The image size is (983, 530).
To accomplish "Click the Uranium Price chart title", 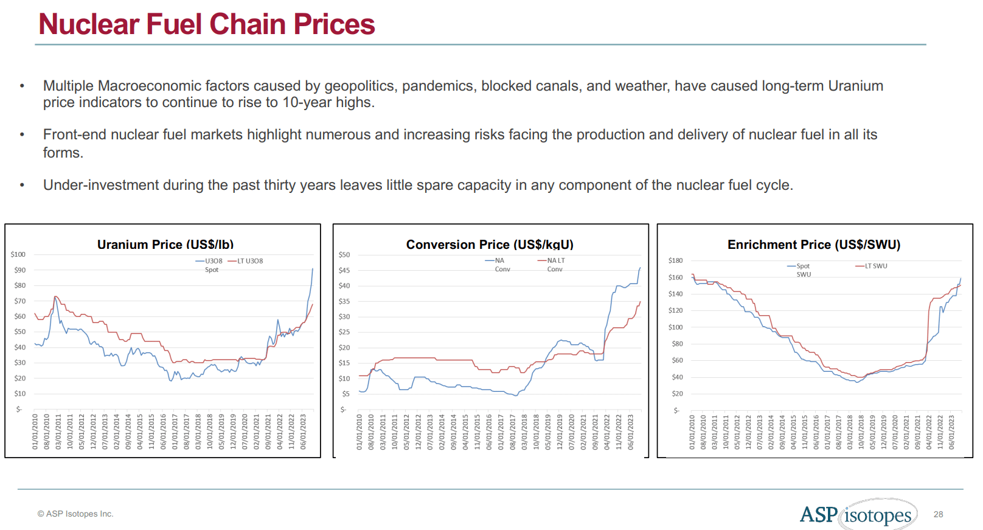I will tap(165, 245).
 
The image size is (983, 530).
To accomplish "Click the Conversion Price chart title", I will tap(490, 245).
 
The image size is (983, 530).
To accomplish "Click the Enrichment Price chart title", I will tap(814, 245).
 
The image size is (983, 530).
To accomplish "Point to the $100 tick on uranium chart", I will tap(18, 254).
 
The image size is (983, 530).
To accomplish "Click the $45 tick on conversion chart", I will tap(344, 270).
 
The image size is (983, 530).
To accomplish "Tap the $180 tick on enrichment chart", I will tap(675, 260).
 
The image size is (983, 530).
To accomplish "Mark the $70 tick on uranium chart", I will tap(20, 301).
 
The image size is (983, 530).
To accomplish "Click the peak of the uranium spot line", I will tap(313, 268).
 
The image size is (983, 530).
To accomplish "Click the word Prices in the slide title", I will tap(334, 24).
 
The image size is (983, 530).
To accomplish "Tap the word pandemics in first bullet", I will tap(437, 86).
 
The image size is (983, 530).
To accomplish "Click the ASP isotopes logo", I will tap(858, 515).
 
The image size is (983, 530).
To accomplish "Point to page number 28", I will tap(938, 514).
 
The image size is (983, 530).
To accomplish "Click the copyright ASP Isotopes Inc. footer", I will tap(75, 514).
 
